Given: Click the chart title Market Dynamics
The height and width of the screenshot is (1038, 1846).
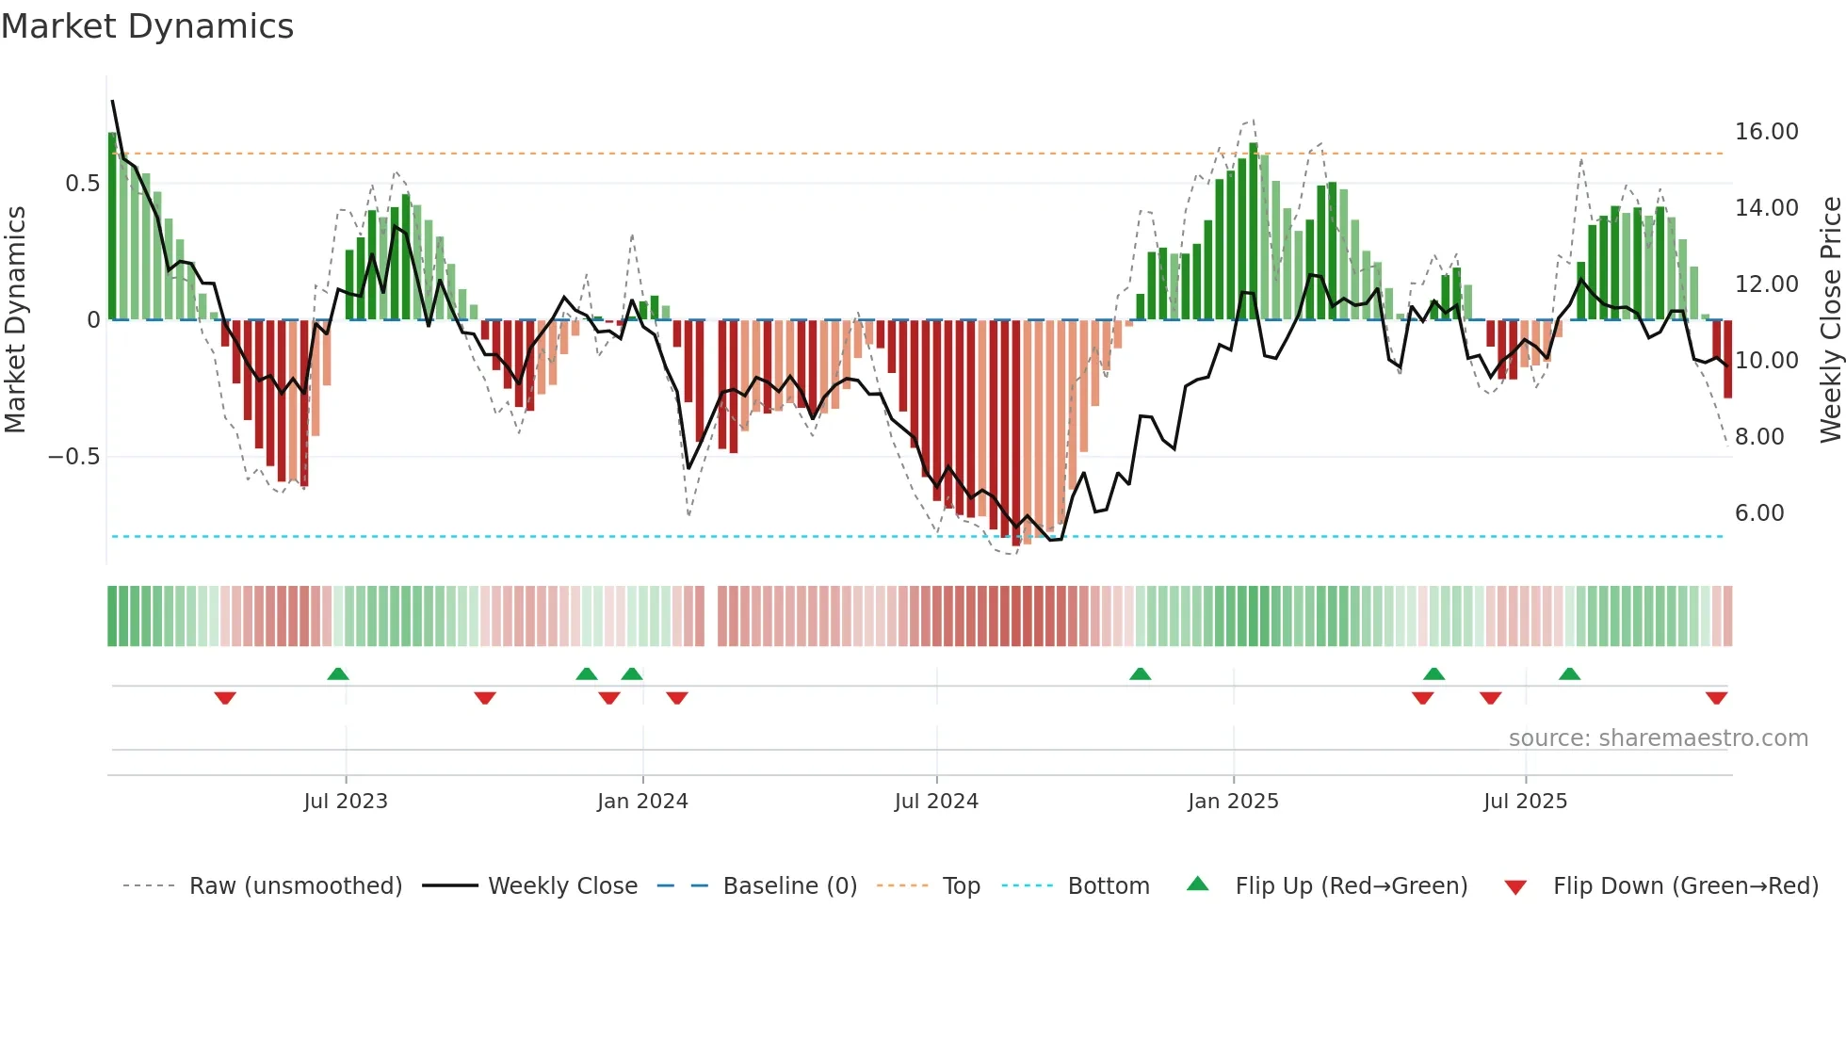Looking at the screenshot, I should (x=147, y=26).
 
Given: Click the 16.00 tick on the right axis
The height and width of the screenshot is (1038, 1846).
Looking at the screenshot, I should (x=1766, y=132).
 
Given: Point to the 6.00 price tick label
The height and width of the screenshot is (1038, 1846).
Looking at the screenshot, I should (x=1758, y=513).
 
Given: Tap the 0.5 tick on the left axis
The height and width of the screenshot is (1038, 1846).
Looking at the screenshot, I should (x=82, y=184).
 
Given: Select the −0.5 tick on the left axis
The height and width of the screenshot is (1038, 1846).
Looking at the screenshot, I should (x=73, y=457).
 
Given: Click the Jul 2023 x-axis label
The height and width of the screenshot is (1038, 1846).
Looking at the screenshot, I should (x=346, y=802).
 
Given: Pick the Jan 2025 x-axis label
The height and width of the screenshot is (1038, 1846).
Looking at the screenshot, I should (x=1233, y=802).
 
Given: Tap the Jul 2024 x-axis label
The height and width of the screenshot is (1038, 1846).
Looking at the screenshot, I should (x=936, y=802).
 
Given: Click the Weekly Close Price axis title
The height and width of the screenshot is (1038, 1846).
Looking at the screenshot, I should (x=1830, y=320).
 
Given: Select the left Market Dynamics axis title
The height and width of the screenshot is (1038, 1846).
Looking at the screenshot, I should (x=15, y=320).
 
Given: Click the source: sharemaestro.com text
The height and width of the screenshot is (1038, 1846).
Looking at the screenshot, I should (x=1658, y=738).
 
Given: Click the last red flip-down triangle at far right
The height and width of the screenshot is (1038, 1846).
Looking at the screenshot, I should (x=1716, y=698).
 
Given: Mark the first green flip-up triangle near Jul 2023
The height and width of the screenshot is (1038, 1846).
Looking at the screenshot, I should (x=338, y=673).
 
